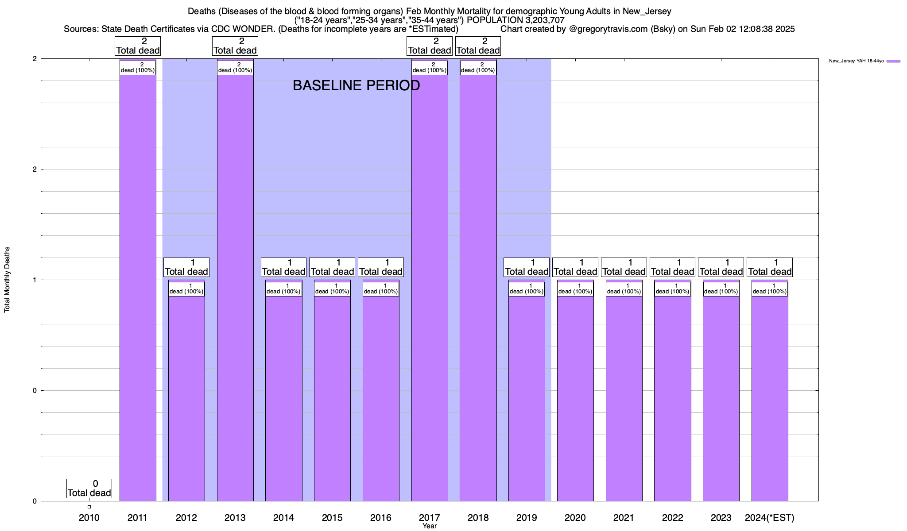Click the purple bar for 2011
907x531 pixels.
pyautogui.click(x=138, y=288)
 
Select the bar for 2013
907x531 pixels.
pyautogui.click(x=235, y=288)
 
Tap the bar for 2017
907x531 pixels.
pyautogui.click(x=430, y=288)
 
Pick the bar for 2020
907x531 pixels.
pyautogui.click(x=575, y=398)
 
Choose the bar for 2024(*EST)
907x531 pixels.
pyautogui.click(x=770, y=398)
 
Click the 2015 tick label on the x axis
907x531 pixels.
pyautogui.click(x=332, y=517)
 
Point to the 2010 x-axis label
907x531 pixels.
pyautogui.click(x=89, y=517)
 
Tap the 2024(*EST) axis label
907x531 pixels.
pyautogui.click(x=770, y=517)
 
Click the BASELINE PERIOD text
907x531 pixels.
pyautogui.click(x=356, y=85)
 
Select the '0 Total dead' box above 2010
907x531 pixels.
pyautogui.click(x=89, y=488)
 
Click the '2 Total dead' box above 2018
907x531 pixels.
pyautogui.click(x=478, y=46)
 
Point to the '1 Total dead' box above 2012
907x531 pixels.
pyautogui.click(x=186, y=267)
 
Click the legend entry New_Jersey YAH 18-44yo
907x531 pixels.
pyautogui.click(x=864, y=61)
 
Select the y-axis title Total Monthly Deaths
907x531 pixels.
pyautogui.click(x=7, y=280)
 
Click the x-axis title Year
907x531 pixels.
pyautogui.click(x=429, y=526)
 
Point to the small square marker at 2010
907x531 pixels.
pyautogui.click(x=89, y=507)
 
